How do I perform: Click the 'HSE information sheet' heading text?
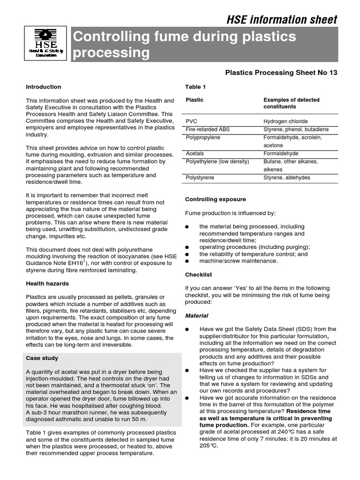[x=282, y=19]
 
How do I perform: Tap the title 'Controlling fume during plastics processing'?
[x=184, y=45]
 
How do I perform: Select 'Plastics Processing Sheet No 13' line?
[x=281, y=73]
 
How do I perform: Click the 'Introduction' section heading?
[x=43, y=87]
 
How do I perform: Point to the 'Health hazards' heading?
[x=47, y=284]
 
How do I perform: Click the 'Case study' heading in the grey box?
[x=42, y=358]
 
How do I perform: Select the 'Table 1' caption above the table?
[x=195, y=87]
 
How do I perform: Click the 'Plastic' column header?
[x=195, y=100]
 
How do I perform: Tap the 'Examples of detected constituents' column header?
[x=291, y=103]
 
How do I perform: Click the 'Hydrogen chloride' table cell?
[x=285, y=121]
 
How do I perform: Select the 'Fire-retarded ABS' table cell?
[x=208, y=129]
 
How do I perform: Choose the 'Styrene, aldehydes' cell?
[x=286, y=178]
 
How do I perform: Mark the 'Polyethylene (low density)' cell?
[x=217, y=162]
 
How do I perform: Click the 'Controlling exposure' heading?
[x=215, y=199]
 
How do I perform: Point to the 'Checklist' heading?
[x=198, y=274]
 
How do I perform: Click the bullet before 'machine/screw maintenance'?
[x=187, y=261]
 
